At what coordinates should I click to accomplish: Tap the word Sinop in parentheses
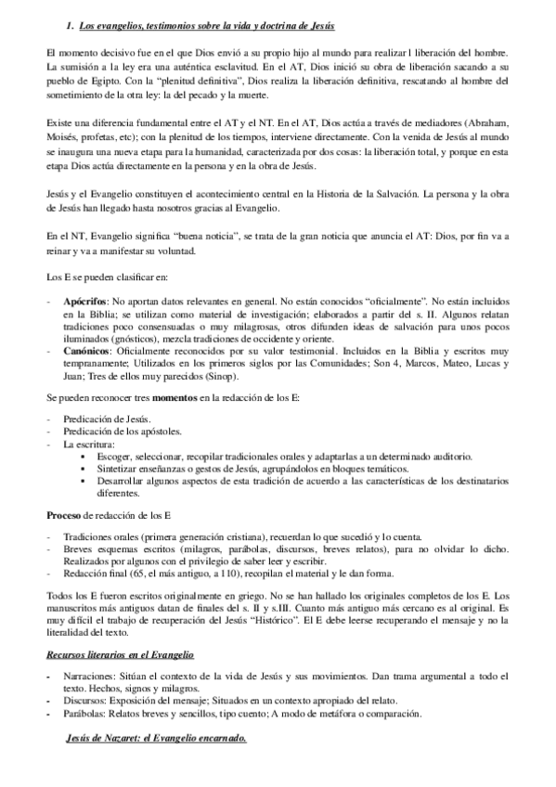click(x=259, y=380)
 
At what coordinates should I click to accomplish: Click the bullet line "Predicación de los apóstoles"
click(x=123, y=432)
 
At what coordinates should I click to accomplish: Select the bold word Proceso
click(x=64, y=514)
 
